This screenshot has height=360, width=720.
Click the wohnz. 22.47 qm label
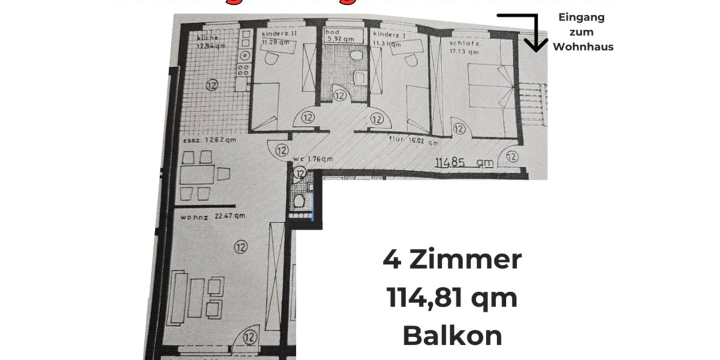click(x=208, y=217)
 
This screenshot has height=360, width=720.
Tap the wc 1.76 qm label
click(x=313, y=159)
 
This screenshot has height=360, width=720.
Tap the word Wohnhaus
click(x=583, y=47)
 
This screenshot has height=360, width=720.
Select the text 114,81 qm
click(x=452, y=298)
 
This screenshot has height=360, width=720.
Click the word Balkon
click(x=452, y=336)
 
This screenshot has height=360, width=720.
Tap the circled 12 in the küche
click(x=211, y=85)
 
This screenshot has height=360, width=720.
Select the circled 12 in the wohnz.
click(x=241, y=245)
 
